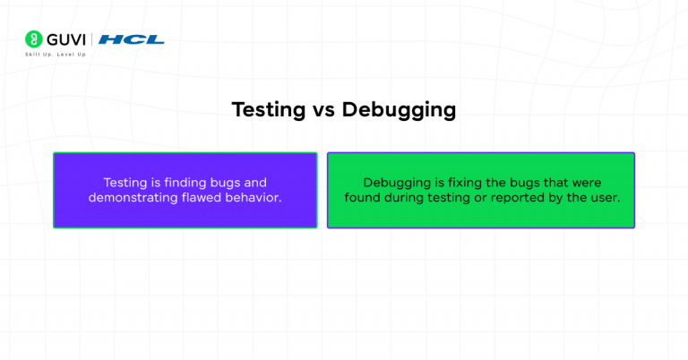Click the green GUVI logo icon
click(x=33, y=39)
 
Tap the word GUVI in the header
click(x=64, y=39)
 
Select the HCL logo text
click(x=131, y=39)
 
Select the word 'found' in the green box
click(x=364, y=197)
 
